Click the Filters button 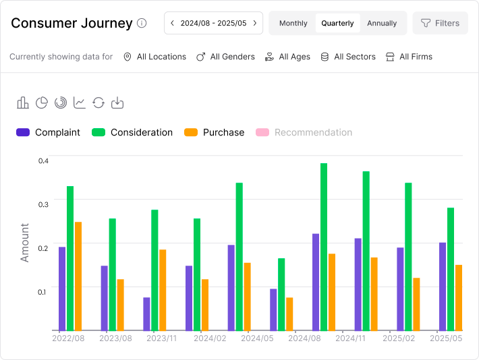point(440,23)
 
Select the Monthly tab point(293,23)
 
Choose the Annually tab point(382,23)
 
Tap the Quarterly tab point(337,23)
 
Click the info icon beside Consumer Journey point(142,23)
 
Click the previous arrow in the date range point(172,23)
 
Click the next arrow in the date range point(254,23)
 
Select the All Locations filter point(154,57)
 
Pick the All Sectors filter point(347,57)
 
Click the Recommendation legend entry point(304,133)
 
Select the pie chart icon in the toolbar point(42,102)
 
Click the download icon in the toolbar point(117,102)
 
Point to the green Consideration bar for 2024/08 point(324,247)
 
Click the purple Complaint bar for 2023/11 point(146,314)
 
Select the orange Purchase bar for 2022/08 point(78,276)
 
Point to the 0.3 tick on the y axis point(44,204)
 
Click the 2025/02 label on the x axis point(399,338)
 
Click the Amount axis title point(25,243)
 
